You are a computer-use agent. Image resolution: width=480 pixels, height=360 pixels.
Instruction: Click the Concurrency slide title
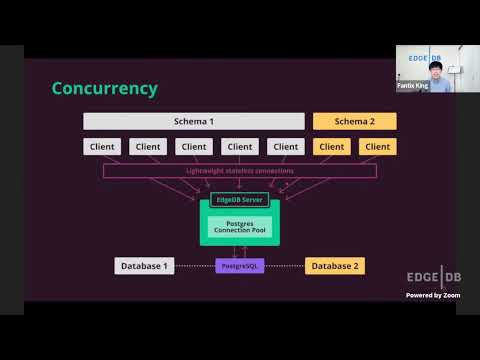coord(105,89)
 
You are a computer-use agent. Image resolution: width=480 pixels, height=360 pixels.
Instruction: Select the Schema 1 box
coord(194,121)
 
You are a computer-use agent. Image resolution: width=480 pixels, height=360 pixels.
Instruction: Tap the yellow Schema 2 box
coord(354,121)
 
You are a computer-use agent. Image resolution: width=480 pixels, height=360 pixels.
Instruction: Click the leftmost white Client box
coord(102,147)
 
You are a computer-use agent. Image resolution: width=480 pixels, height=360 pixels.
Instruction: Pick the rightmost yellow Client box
coord(377,147)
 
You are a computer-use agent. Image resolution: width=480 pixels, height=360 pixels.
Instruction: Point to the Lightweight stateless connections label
coord(240,171)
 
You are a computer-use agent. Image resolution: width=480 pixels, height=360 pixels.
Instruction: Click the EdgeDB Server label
coord(239,199)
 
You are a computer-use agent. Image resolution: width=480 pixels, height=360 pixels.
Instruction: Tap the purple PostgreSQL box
coord(240,266)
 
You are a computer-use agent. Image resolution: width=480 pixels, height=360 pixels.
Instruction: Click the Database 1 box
coord(145,266)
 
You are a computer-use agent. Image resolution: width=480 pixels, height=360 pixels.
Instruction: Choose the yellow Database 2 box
coord(335,266)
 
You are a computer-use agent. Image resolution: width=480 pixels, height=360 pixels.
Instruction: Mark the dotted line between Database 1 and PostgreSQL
coord(195,266)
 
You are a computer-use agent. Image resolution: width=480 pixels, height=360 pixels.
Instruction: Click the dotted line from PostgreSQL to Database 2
coord(285,266)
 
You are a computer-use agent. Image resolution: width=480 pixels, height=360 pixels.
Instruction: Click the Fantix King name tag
coord(413,87)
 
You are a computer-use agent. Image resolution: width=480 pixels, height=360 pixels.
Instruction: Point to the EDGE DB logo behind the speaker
coord(424,58)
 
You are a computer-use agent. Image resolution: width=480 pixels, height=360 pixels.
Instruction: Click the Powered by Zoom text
coord(431,295)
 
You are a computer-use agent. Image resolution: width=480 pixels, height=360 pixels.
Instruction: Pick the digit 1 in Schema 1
coord(211,121)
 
